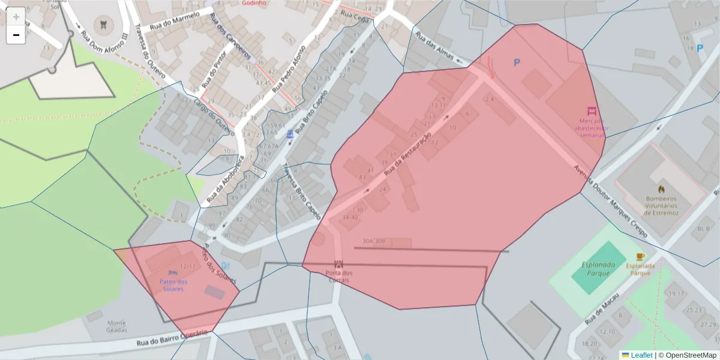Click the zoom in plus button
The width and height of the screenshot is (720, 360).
click(x=16, y=17)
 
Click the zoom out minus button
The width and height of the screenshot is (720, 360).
click(x=16, y=35)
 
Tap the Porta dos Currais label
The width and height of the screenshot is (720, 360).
click(x=339, y=277)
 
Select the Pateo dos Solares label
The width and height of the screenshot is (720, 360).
click(x=173, y=285)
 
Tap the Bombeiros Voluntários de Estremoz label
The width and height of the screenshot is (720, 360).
click(x=661, y=206)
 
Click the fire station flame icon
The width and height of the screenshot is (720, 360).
click(x=661, y=189)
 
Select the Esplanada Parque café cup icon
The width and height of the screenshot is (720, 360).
click(x=640, y=257)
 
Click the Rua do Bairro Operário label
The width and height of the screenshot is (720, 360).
click(x=172, y=339)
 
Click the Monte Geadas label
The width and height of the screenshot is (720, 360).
click(x=116, y=326)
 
